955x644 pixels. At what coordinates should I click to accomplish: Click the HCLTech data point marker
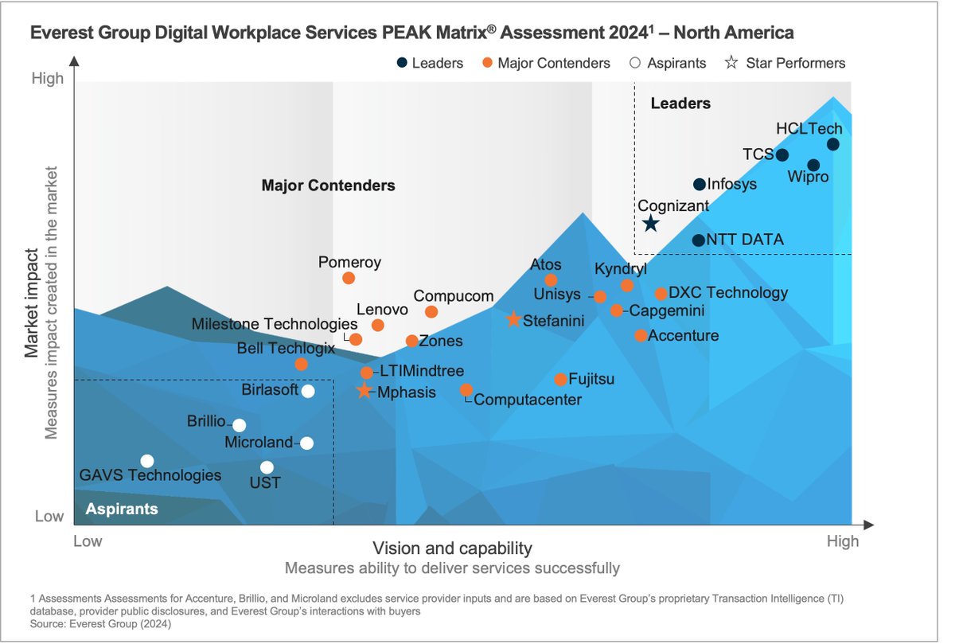(x=832, y=144)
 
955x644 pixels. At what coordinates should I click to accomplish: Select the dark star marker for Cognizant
(x=650, y=224)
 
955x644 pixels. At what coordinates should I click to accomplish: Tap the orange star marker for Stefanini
(x=514, y=320)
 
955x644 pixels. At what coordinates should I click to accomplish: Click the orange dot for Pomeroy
(x=349, y=278)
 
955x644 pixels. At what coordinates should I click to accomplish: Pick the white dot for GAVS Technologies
(x=147, y=461)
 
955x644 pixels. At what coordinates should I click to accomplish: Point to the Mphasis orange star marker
(x=364, y=391)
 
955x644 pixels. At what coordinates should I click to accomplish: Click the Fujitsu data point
(x=560, y=380)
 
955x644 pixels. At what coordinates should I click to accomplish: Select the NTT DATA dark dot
(x=698, y=240)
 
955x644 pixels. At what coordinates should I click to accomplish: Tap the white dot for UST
(x=267, y=467)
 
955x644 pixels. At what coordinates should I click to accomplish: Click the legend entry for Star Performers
(x=785, y=63)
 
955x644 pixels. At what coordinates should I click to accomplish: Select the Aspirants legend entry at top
(x=668, y=63)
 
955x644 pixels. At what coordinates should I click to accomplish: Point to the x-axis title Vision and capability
(x=452, y=548)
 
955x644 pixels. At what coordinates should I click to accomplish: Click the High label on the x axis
(x=842, y=541)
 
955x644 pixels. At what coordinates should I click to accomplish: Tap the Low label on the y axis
(x=49, y=516)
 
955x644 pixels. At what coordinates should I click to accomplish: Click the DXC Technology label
(x=727, y=293)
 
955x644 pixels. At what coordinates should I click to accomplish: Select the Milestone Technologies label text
(x=275, y=324)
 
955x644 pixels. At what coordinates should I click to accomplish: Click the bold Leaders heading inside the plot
(x=680, y=103)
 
